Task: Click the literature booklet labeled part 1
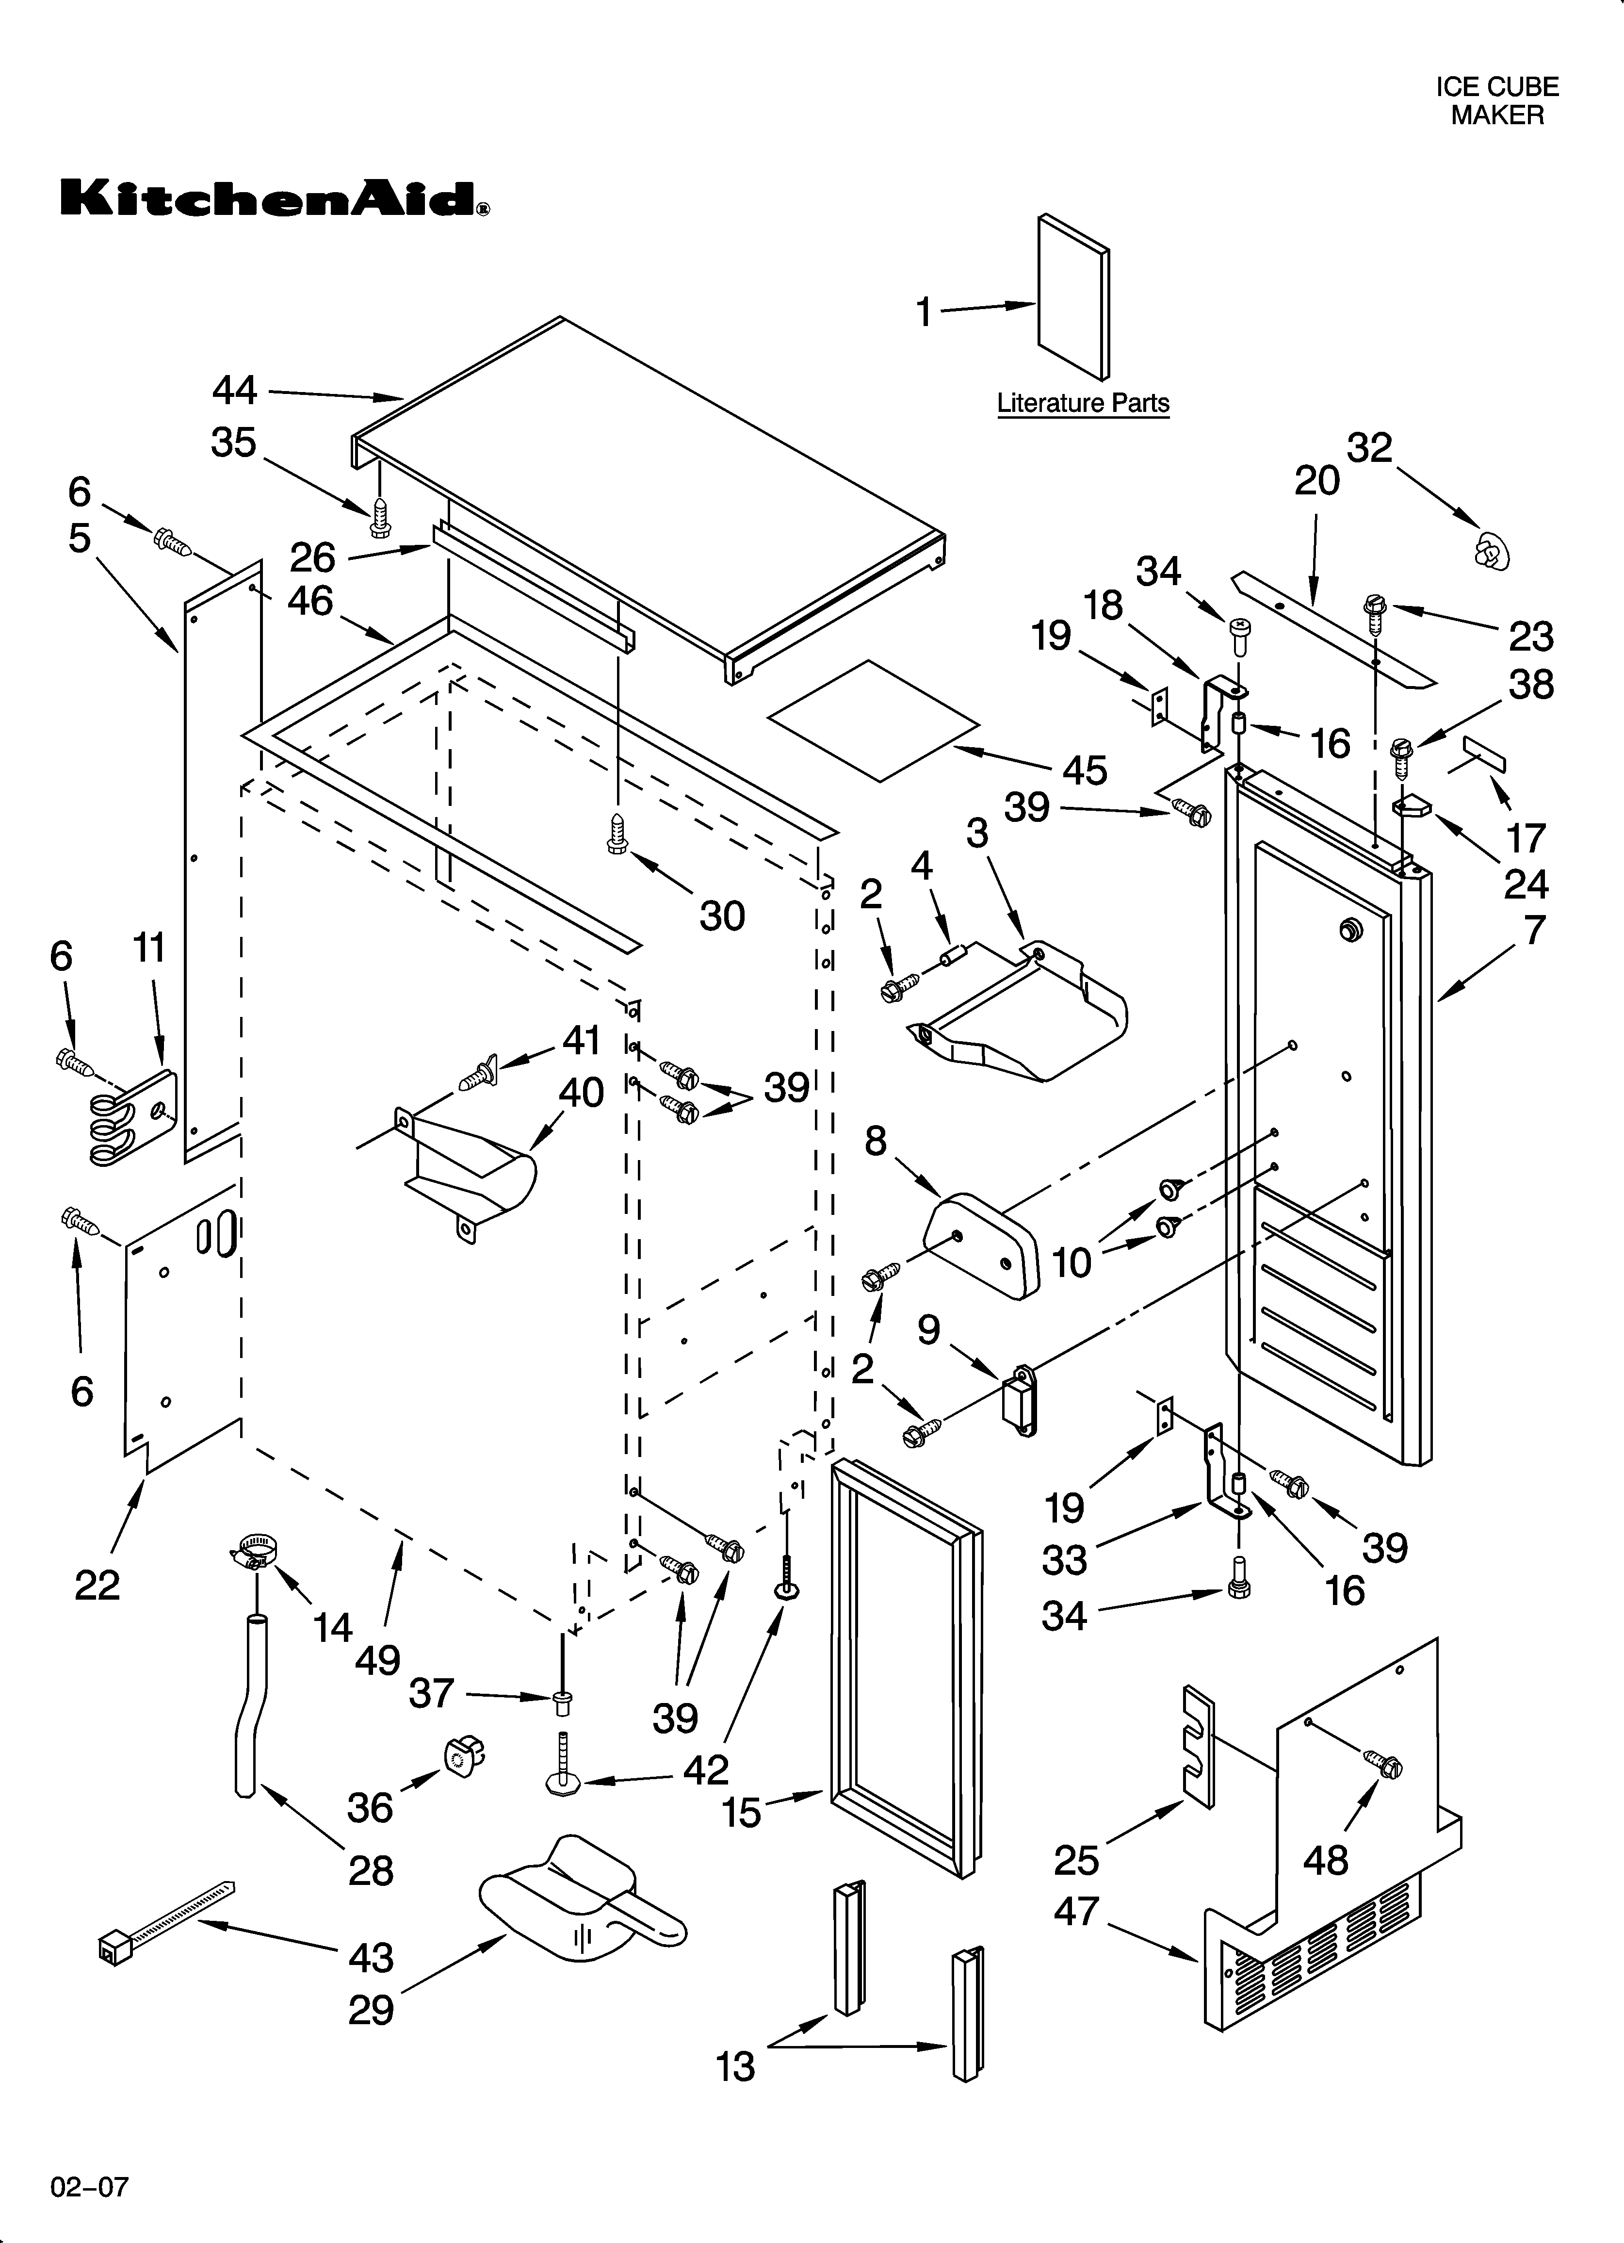pyautogui.click(x=1073, y=297)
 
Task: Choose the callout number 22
pyautogui.click(x=97, y=1585)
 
